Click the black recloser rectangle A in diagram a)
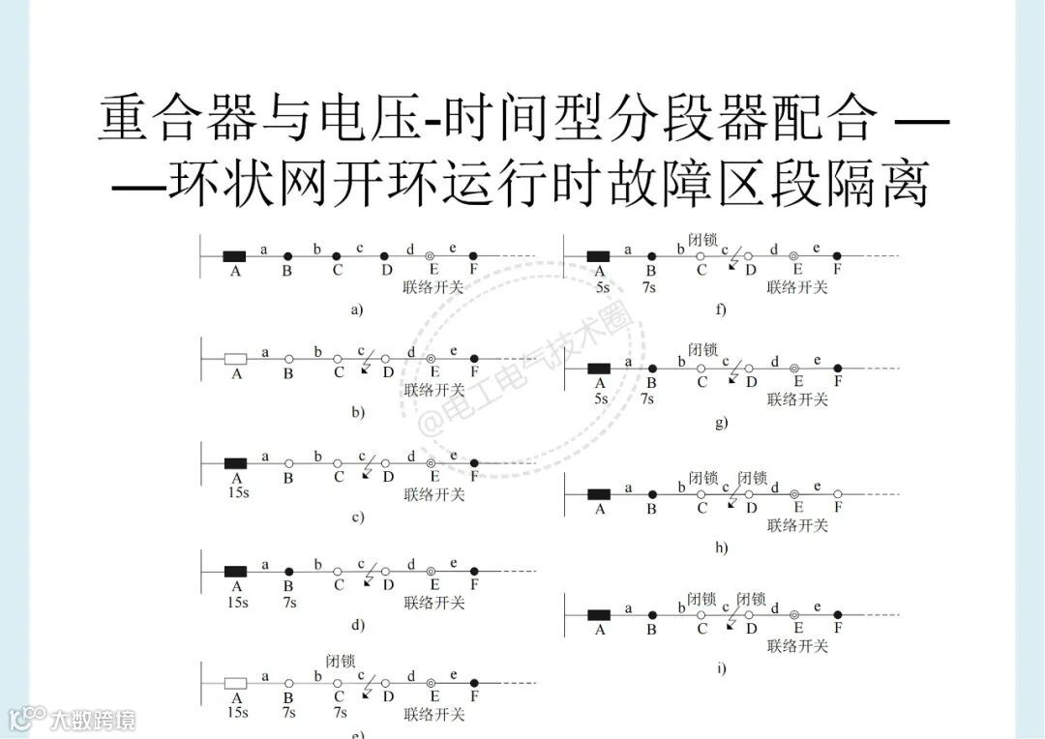(x=234, y=256)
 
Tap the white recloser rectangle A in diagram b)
(x=235, y=359)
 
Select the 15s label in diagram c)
(x=237, y=493)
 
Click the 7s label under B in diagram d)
(x=288, y=602)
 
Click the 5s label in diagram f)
(x=602, y=286)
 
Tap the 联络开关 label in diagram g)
(x=798, y=399)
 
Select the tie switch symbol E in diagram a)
(x=432, y=256)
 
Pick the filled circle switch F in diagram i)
(x=838, y=615)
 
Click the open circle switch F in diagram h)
(x=838, y=494)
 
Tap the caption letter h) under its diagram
(x=721, y=547)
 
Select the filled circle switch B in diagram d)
(x=288, y=572)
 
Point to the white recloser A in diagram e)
(x=235, y=683)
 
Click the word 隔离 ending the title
(x=883, y=184)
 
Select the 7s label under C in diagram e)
(x=340, y=713)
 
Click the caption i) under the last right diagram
(x=721, y=668)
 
